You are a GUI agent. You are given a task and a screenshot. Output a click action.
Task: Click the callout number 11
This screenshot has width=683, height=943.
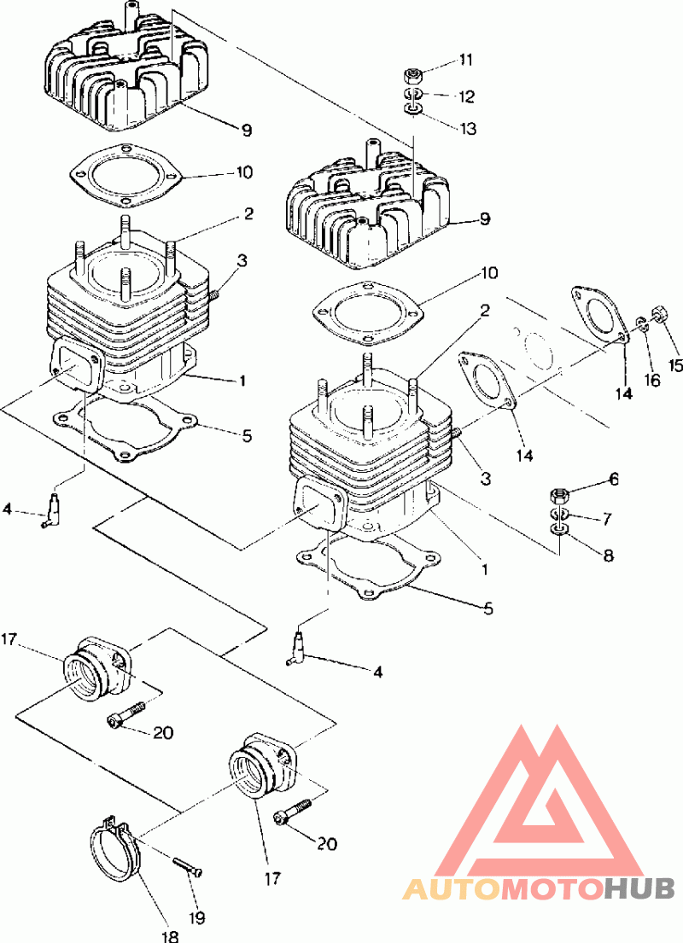pyautogui.click(x=465, y=60)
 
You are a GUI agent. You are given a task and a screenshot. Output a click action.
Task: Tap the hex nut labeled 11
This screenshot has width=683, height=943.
pyautogui.click(x=412, y=75)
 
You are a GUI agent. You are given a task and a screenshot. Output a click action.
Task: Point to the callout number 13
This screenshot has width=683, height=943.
pyautogui.click(x=467, y=129)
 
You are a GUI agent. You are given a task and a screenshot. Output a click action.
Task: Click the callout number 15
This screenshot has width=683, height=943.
pyautogui.click(x=675, y=341)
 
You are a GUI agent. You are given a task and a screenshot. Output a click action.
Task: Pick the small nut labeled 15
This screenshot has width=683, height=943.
pyautogui.click(x=658, y=313)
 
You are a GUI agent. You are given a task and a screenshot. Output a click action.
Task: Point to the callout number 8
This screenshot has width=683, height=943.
pyautogui.click(x=608, y=556)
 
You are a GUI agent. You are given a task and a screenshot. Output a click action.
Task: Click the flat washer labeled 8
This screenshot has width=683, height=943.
pyautogui.click(x=558, y=532)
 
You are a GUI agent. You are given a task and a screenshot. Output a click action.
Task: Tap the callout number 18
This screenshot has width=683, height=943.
pyautogui.click(x=170, y=935)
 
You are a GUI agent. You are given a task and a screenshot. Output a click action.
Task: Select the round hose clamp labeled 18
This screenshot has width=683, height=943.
pyautogui.click(x=114, y=849)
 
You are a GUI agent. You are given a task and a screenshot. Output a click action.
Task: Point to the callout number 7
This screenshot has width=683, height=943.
pyautogui.click(x=608, y=518)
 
